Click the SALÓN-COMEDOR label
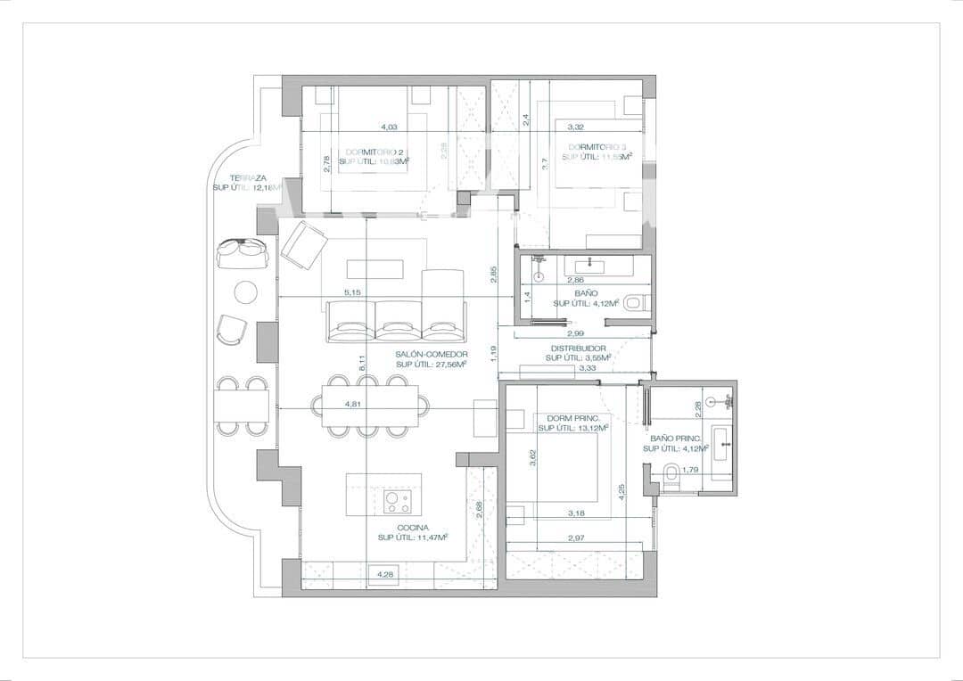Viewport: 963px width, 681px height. tap(432, 354)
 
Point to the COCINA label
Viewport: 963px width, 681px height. tap(393, 528)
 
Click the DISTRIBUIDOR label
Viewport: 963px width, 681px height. tap(579, 349)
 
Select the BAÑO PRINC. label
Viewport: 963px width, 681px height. tap(676, 439)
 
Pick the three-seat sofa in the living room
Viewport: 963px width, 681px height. tap(397, 321)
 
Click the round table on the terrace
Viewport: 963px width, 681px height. tap(245, 291)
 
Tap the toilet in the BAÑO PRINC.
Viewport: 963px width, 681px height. tap(672, 478)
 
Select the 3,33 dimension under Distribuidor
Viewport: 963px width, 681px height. tap(588, 367)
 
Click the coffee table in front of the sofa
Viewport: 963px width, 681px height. tap(374, 268)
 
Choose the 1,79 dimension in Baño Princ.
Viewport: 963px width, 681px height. tap(689, 470)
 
